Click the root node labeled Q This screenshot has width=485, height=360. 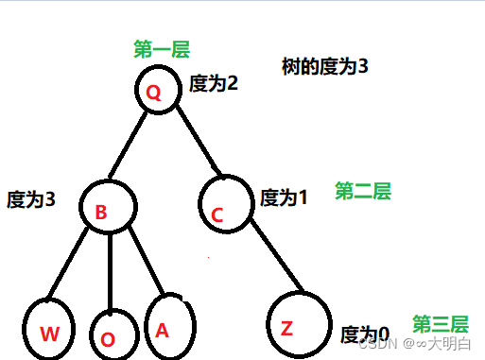(x=155, y=91)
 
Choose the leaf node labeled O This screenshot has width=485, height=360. (x=111, y=334)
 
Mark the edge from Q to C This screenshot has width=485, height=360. (x=195, y=142)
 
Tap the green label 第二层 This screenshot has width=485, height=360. (x=362, y=192)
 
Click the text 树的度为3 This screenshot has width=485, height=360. (x=324, y=67)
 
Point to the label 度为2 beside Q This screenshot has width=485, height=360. (x=214, y=83)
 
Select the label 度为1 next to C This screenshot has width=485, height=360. (x=284, y=198)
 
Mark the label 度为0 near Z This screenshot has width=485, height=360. (x=364, y=334)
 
